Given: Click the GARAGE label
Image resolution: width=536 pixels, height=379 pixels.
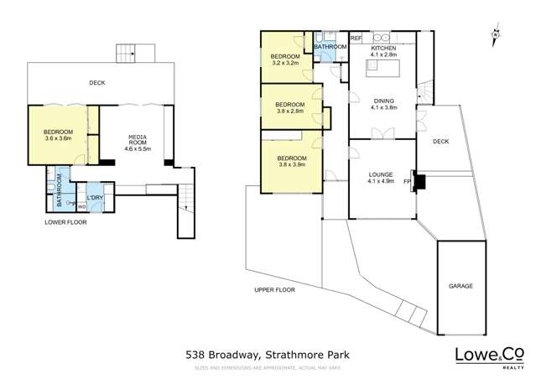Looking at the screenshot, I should pyautogui.click(x=461, y=285).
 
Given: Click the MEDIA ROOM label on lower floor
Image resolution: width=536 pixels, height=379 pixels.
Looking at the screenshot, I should pyautogui.click(x=138, y=142).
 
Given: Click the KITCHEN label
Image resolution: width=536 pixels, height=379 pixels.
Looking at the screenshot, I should pyautogui.click(x=383, y=49).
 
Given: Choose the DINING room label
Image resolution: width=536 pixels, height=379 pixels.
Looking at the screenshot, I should pyautogui.click(x=382, y=100).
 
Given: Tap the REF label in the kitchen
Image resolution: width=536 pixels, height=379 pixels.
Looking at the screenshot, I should pyautogui.click(x=356, y=39).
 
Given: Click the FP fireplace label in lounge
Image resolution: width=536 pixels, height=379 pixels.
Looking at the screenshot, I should pyautogui.click(x=408, y=181).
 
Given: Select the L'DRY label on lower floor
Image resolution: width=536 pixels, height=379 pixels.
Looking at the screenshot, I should pyautogui.click(x=96, y=200).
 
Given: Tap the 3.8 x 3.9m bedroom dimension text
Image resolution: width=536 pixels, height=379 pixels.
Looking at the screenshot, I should pyautogui.click(x=291, y=165).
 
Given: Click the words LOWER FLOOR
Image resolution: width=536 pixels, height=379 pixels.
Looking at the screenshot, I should pyautogui.click(x=65, y=222).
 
